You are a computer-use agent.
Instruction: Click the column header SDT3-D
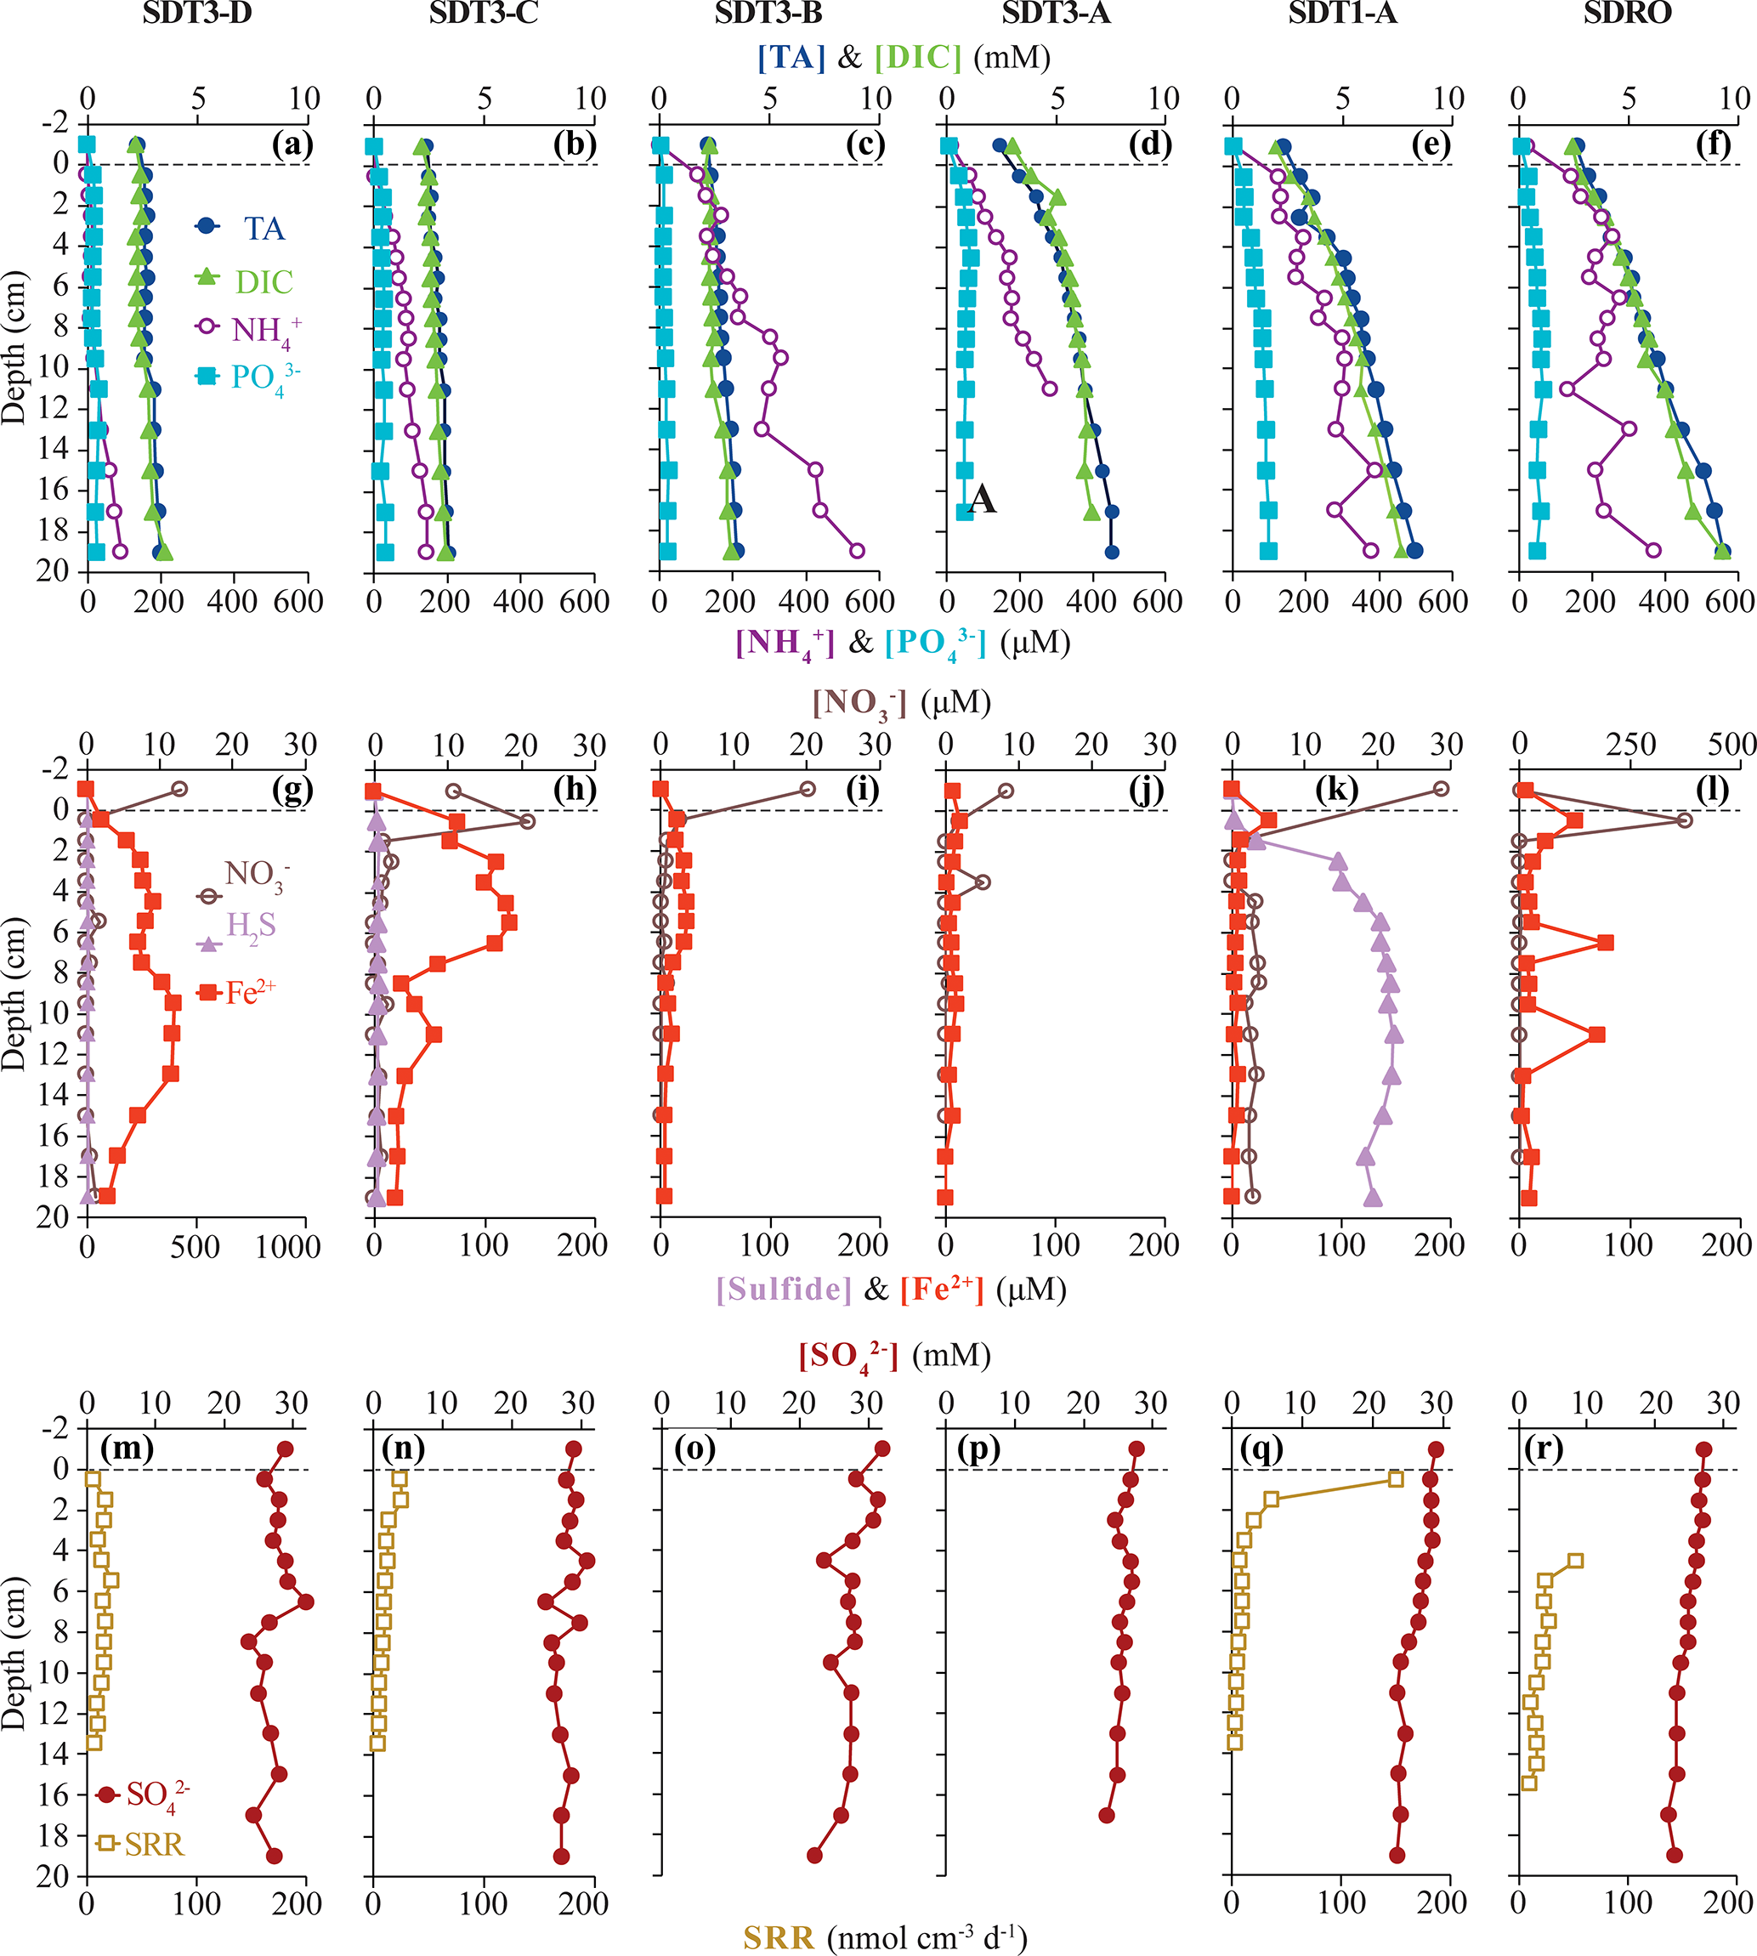coord(197,13)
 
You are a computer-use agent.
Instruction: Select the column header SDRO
coord(1628,13)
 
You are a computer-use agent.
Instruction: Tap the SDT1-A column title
coord(1342,13)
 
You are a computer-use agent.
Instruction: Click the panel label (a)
coord(292,144)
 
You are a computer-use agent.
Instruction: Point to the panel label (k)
coord(1336,789)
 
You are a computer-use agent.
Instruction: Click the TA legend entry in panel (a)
coord(263,229)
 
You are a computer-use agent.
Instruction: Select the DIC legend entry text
coord(264,282)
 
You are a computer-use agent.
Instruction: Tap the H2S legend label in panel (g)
coord(250,926)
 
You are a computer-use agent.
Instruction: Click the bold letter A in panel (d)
coord(982,499)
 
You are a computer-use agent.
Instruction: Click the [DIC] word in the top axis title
coord(918,58)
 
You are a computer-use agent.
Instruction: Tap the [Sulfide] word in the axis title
coord(784,1290)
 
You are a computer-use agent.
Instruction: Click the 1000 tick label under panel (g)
coord(287,1246)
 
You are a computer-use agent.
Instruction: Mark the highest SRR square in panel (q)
coord(1395,1479)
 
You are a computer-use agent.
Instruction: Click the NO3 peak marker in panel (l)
coord(1685,820)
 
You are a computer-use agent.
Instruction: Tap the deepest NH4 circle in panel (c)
coord(856,550)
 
